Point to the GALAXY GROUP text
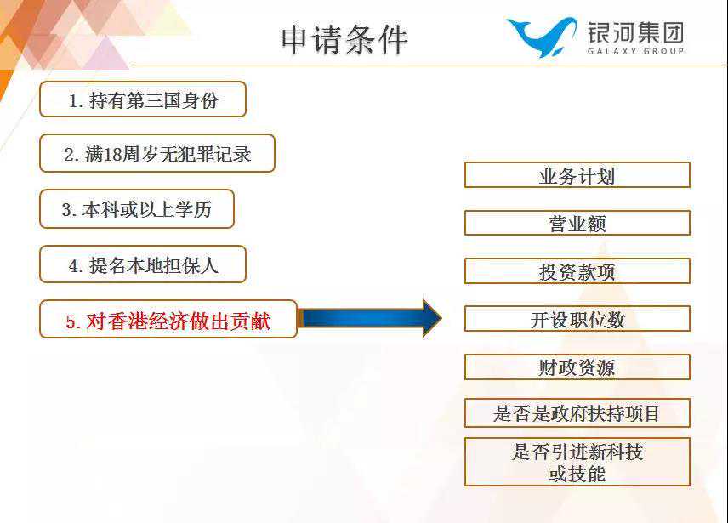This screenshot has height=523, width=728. click(634, 51)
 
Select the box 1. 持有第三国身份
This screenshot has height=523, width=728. click(143, 99)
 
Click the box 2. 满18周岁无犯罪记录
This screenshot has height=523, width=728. click(157, 154)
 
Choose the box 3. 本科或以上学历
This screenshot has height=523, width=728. click(137, 209)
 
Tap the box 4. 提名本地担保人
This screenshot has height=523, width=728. click(143, 264)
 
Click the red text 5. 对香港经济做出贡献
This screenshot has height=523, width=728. click(168, 320)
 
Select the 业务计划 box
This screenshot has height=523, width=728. click(577, 176)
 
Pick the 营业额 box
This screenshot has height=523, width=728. click(577, 224)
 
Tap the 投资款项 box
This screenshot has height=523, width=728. click(577, 272)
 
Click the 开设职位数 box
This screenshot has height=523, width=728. click(577, 320)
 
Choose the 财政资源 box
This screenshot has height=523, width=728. click(577, 367)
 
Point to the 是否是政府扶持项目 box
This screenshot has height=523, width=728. click(577, 414)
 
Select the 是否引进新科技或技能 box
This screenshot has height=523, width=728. click(577, 462)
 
